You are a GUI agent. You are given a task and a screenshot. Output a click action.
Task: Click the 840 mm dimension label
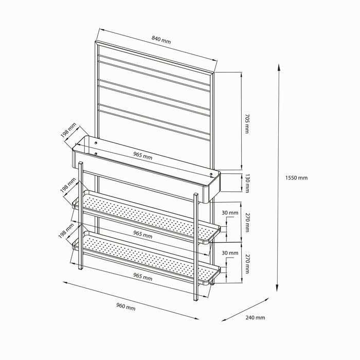point(161,40)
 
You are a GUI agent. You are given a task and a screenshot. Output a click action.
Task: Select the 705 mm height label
point(247,124)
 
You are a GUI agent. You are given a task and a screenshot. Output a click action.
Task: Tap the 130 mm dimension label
point(247,183)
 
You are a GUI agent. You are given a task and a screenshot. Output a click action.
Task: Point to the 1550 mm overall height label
point(296,178)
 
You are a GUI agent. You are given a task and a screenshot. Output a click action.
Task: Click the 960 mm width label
point(126,307)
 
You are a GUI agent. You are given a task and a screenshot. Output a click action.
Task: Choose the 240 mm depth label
point(255,317)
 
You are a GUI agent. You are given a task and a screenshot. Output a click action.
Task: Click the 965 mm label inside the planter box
point(143,156)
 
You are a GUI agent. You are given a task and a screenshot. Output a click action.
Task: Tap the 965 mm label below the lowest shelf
point(143,277)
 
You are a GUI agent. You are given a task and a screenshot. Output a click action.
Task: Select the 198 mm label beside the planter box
point(68,131)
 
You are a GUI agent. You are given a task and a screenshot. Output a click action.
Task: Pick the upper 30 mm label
point(230,213)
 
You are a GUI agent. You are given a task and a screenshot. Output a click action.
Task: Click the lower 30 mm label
point(230,253)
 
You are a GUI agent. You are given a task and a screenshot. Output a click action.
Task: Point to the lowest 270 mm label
point(247,264)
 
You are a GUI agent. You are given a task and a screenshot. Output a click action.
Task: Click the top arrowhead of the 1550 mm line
point(279,67)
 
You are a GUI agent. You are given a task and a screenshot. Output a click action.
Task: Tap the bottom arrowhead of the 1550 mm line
point(277,289)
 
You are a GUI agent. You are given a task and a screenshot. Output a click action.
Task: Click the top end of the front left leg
point(81,163)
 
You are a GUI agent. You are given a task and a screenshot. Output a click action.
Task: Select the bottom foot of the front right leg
point(195,300)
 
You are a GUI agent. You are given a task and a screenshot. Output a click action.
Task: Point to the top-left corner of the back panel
point(95,41)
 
